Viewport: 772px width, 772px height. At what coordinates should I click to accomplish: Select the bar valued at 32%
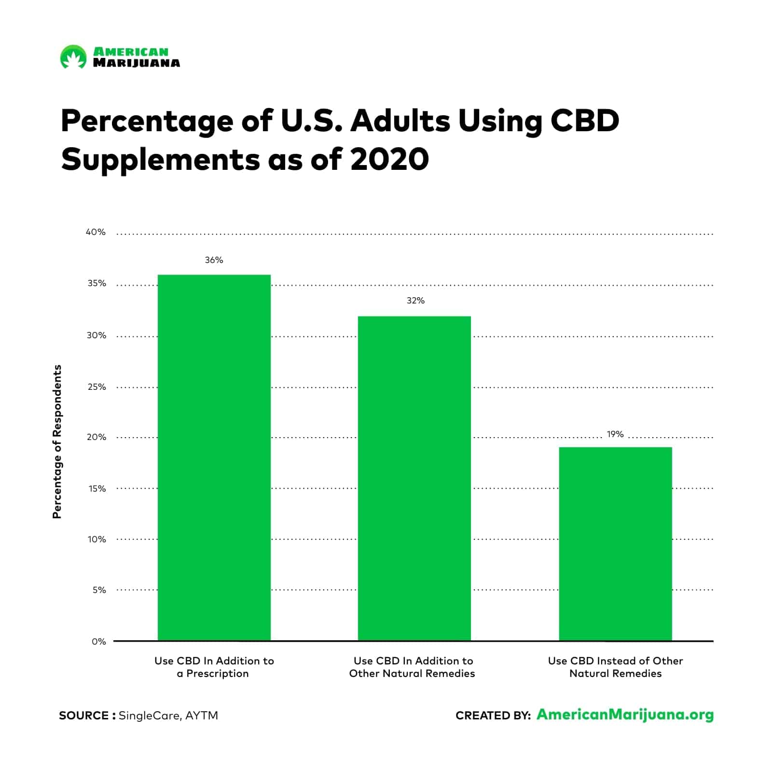point(414,478)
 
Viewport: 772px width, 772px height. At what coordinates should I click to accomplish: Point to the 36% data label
point(214,260)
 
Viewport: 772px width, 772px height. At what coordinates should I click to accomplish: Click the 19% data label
point(615,434)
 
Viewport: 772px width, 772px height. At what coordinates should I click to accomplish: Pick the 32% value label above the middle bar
point(415,301)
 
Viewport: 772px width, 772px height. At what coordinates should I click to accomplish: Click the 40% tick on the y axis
point(96,232)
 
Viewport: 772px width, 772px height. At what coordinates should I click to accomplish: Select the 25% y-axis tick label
point(96,387)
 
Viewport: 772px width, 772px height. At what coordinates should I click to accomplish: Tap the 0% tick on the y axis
point(98,641)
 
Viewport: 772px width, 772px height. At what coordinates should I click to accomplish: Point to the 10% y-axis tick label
point(96,539)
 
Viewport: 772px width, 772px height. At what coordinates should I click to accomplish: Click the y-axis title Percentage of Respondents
point(57,441)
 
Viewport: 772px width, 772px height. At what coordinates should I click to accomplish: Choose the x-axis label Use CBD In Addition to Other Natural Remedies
point(413,667)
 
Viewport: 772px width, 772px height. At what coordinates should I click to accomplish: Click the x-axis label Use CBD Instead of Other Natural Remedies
point(615,667)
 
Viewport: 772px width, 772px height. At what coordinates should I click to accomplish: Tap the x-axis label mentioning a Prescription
point(214,667)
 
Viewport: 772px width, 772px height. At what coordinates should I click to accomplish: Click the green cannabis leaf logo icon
point(73,57)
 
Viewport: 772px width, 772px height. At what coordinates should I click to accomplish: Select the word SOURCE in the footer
point(83,716)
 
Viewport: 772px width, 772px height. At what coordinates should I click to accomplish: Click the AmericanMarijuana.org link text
point(625,715)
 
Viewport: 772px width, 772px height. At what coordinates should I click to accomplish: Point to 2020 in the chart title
point(389,159)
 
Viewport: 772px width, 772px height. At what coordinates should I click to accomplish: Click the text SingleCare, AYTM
point(168,716)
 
